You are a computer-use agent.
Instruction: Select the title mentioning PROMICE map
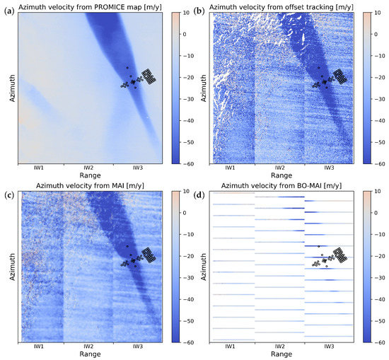click(94, 6)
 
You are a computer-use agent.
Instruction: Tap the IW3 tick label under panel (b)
click(329, 168)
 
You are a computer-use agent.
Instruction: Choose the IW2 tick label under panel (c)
click(86, 347)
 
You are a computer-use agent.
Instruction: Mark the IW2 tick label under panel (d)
click(280, 347)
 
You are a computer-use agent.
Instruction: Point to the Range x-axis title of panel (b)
click(280, 175)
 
